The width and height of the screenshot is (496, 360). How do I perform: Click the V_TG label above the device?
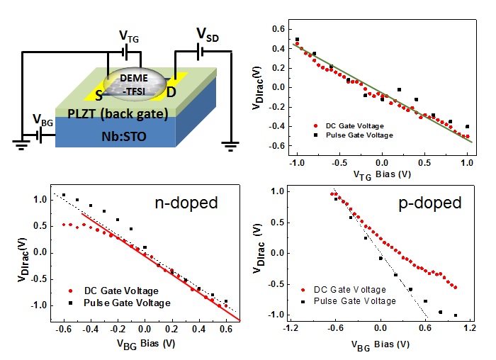(x=126, y=35)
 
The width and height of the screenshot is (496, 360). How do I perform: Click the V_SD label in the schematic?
(x=205, y=33)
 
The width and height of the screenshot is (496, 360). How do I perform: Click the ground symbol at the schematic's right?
(x=229, y=146)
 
